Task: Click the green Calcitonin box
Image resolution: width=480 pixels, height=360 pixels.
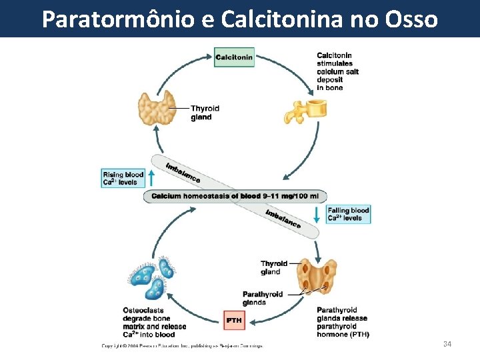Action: (234, 57)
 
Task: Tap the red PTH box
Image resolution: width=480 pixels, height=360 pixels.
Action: (233, 321)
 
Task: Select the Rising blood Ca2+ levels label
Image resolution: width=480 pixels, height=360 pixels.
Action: (123, 179)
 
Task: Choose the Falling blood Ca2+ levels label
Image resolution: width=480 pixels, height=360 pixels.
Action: (348, 214)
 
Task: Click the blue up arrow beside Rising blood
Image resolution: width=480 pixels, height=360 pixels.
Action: (151, 178)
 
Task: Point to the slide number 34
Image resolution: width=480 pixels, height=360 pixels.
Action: (447, 344)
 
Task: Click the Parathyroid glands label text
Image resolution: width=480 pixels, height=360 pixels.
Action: (262, 298)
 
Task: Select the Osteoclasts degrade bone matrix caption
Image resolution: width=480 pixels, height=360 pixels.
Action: (154, 322)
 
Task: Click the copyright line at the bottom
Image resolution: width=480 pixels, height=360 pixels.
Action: (182, 345)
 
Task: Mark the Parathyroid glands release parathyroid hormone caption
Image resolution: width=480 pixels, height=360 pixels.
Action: (343, 322)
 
